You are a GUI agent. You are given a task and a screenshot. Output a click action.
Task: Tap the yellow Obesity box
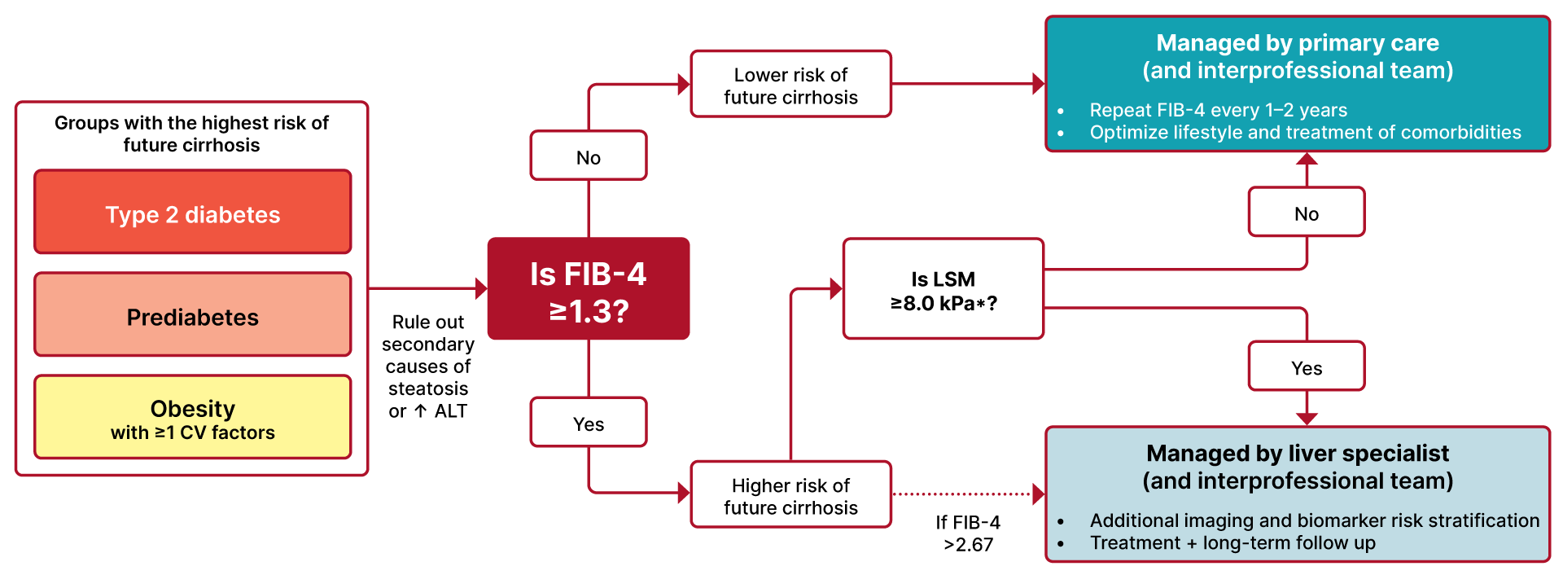[193, 418]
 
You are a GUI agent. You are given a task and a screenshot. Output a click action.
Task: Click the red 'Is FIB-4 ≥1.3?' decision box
[589, 289]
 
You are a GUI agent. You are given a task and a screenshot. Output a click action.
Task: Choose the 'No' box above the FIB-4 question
[589, 156]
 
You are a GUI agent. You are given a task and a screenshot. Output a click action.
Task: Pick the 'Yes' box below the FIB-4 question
[589, 423]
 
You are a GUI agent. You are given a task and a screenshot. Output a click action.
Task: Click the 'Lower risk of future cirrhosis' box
[791, 85]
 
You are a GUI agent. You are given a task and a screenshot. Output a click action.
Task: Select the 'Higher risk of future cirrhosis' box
[791, 495]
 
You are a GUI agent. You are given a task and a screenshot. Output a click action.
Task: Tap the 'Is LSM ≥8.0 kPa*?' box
[943, 289]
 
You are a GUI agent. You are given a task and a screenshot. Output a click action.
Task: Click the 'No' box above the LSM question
[1307, 213]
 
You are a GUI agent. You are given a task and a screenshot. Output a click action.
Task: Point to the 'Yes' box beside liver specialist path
[1307, 367]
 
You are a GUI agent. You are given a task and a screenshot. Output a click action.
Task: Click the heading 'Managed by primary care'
[1298, 43]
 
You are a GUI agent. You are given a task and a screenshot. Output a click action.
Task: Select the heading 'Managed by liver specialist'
[1298, 454]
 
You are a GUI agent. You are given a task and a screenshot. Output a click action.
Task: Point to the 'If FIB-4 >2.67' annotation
[968, 533]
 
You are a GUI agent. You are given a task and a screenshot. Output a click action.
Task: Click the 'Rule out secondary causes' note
[428, 367]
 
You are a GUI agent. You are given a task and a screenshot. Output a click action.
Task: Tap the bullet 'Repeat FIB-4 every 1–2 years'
[1218, 110]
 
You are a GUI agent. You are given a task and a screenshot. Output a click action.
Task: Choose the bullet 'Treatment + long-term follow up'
[1232, 543]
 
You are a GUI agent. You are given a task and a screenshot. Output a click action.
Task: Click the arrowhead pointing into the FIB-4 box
[481, 288]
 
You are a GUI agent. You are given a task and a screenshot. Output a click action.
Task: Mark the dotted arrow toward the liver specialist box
[965, 494]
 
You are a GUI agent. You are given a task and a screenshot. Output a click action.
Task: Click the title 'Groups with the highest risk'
[191, 134]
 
